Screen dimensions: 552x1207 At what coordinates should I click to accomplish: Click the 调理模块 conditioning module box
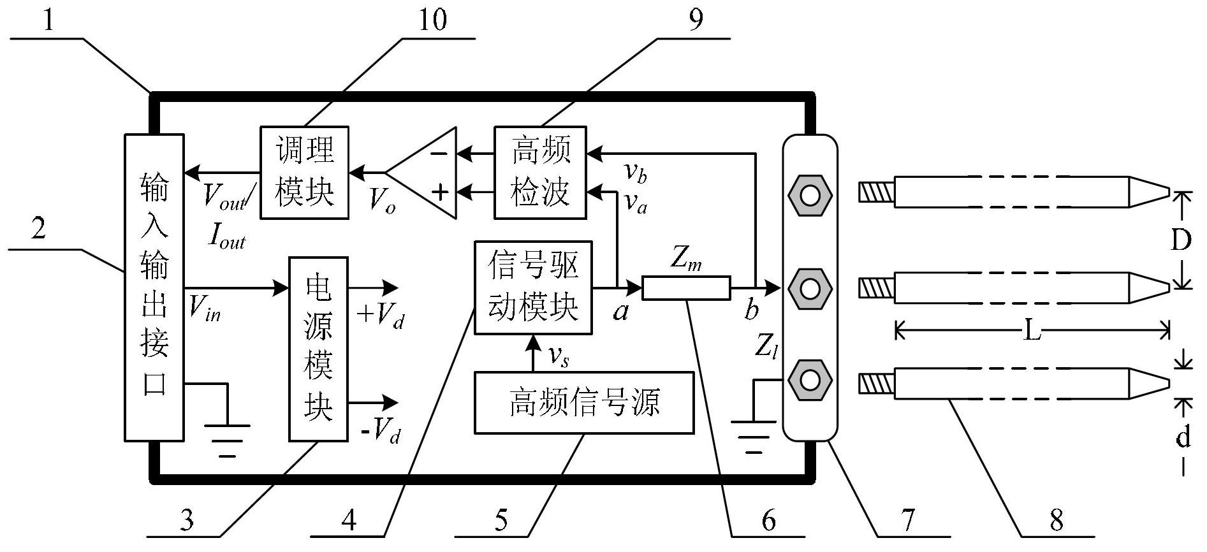click(304, 172)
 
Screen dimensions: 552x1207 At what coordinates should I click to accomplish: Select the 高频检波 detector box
click(540, 172)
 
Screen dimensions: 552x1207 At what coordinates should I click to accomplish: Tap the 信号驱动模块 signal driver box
click(533, 287)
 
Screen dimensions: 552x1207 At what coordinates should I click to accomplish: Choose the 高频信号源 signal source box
click(583, 403)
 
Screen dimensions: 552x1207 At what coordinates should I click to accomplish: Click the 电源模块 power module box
click(318, 349)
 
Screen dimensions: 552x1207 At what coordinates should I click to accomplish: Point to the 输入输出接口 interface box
click(154, 287)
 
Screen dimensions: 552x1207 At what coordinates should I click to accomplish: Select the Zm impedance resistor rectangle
click(685, 288)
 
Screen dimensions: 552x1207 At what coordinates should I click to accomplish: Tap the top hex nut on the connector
click(809, 194)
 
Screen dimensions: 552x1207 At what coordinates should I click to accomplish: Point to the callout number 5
click(501, 521)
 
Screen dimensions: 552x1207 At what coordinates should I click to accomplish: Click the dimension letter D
click(1181, 241)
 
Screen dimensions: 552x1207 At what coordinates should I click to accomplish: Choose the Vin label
click(205, 309)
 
